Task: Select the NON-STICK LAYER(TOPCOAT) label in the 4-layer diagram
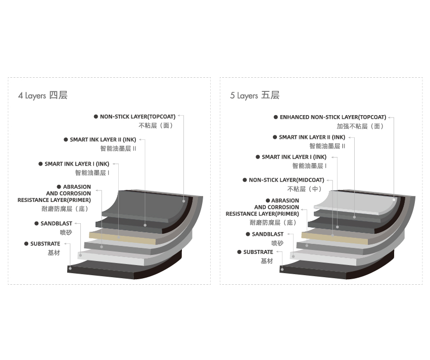point(137,117)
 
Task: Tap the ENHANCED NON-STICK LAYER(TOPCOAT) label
point(333,117)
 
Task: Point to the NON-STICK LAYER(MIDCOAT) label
point(286,180)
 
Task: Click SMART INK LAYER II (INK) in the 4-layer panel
point(103,140)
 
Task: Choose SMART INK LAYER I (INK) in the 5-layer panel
point(294,157)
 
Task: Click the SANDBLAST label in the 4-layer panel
point(56,224)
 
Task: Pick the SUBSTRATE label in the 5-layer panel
point(258,252)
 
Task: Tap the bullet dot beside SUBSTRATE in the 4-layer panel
point(26,243)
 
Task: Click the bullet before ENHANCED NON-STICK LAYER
point(275,117)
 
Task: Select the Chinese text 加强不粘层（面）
point(360,126)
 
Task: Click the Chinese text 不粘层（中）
point(304,189)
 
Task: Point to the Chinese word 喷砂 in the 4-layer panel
point(66,233)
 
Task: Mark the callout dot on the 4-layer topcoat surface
point(184,201)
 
